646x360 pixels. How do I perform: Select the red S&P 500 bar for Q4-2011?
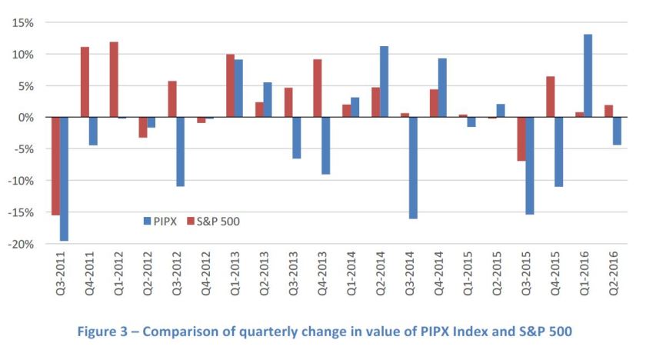(x=85, y=82)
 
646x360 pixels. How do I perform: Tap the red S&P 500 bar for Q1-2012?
(x=114, y=79)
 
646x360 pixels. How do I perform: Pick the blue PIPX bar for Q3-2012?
(x=181, y=152)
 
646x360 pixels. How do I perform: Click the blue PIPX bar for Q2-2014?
(x=384, y=82)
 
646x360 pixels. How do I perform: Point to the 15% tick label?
(x=22, y=22)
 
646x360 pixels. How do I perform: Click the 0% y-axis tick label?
(x=25, y=118)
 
